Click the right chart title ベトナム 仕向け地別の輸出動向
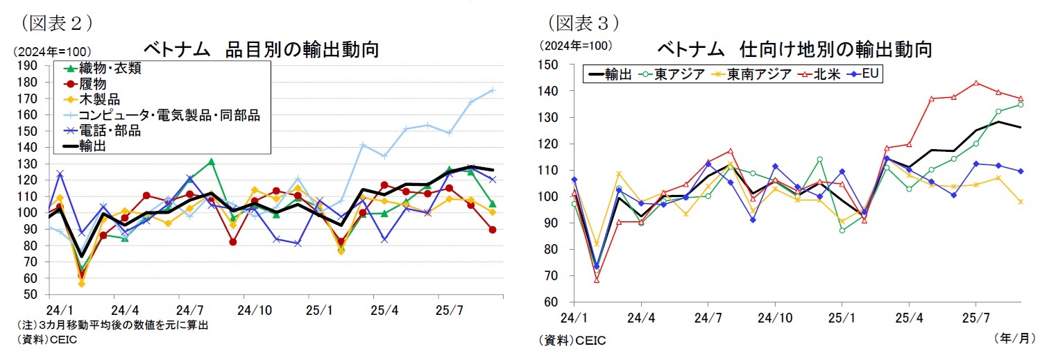click(794, 49)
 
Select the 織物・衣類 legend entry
click(111, 68)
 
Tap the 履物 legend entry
click(93, 84)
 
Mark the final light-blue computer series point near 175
click(492, 90)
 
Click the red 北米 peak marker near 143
click(975, 83)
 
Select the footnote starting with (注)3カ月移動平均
click(111, 324)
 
